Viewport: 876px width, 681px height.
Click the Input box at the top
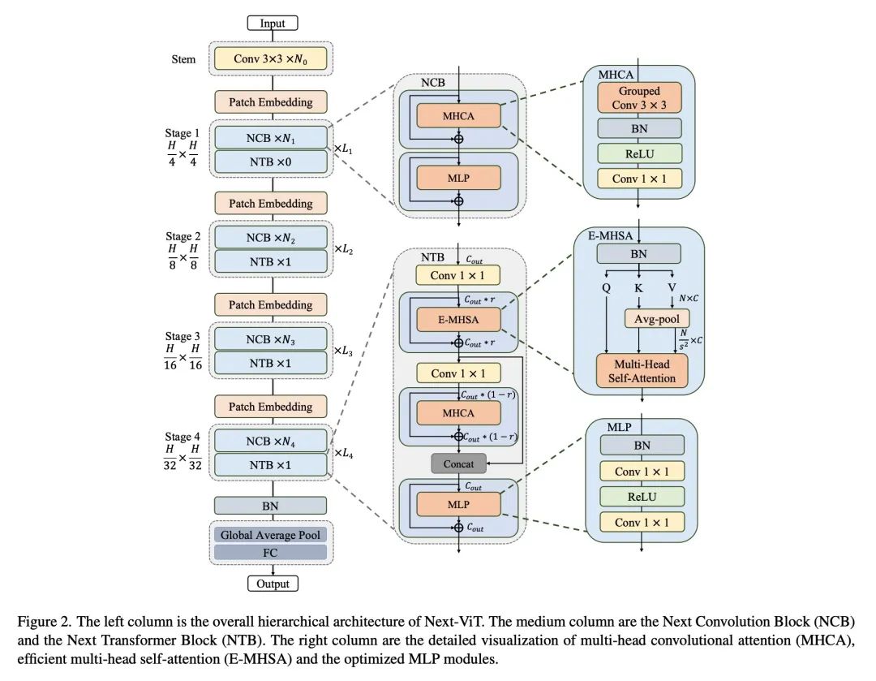point(273,23)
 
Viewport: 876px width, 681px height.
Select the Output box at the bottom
point(273,584)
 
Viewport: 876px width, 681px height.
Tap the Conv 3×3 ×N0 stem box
point(270,58)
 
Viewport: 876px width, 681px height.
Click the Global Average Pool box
point(270,535)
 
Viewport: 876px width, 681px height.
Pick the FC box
point(270,553)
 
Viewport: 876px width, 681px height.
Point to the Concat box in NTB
point(458,463)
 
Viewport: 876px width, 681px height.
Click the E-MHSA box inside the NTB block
point(458,319)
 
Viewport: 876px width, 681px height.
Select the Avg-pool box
point(657,319)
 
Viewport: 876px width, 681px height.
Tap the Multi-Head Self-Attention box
point(642,371)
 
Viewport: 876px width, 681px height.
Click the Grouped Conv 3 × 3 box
point(639,98)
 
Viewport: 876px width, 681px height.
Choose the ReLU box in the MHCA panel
point(639,153)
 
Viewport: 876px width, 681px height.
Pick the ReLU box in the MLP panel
point(642,497)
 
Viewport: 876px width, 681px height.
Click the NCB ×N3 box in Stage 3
point(270,339)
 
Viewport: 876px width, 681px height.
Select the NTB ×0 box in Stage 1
point(270,162)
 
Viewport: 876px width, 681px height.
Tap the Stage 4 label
point(182,436)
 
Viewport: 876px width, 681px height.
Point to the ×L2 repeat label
point(343,249)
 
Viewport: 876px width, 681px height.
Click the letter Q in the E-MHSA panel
point(606,288)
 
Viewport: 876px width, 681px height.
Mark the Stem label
point(183,59)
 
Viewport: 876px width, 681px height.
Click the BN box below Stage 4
point(270,506)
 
